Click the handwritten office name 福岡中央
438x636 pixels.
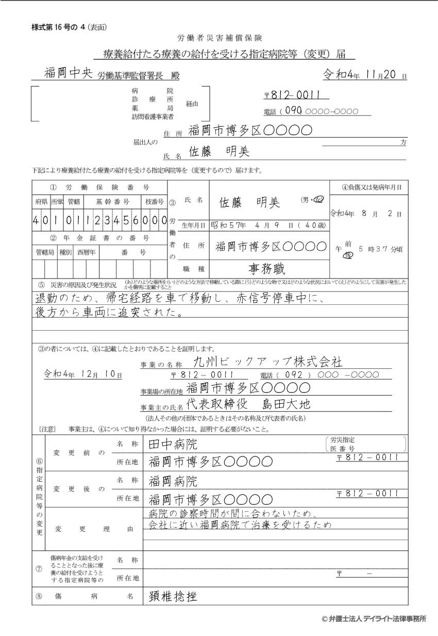pos(68,73)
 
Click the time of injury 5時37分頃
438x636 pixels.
pos(381,249)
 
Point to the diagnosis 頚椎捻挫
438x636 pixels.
pos(173,596)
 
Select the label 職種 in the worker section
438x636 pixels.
pos(191,269)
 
